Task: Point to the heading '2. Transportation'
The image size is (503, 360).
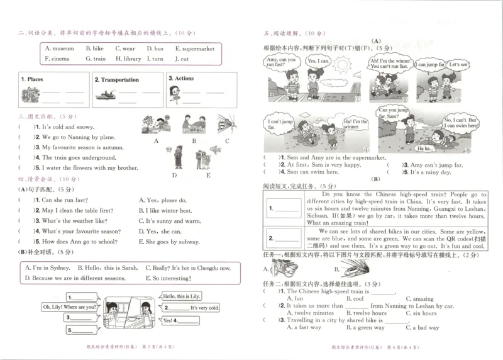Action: (x=118, y=80)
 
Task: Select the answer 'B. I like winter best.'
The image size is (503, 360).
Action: (x=165, y=211)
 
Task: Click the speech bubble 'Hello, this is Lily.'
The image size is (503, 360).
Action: (x=182, y=296)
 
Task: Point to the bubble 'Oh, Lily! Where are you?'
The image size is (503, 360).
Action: (x=70, y=307)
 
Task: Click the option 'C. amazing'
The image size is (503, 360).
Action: (x=419, y=299)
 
